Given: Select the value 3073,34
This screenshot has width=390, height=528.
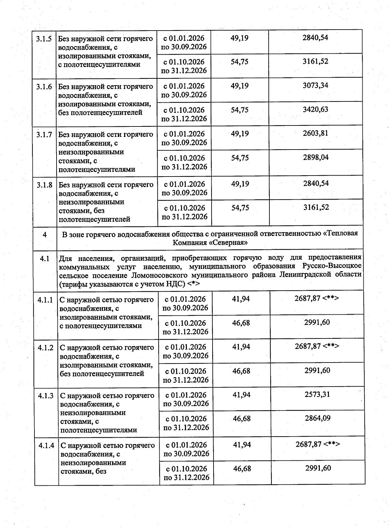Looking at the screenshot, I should coord(315,86).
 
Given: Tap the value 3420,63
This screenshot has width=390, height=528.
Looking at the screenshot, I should coord(315,110).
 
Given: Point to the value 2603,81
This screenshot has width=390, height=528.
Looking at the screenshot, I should coord(316,133).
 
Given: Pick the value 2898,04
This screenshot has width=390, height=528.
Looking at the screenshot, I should coord(316,158).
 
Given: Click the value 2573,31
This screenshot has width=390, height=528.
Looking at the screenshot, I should coord(317,394).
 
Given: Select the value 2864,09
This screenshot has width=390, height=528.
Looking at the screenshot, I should coord(318,418).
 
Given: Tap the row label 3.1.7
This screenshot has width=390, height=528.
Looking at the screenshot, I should coord(44,135).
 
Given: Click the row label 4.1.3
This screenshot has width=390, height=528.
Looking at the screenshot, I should coord(46,396).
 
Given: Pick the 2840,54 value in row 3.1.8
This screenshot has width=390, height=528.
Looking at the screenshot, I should coord(316,183).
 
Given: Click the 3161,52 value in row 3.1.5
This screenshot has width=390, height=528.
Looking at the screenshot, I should coord(315,61).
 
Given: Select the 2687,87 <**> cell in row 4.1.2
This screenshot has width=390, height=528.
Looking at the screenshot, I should coord(317,347).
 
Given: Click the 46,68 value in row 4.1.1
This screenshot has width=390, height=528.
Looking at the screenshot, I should coord(241,323).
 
